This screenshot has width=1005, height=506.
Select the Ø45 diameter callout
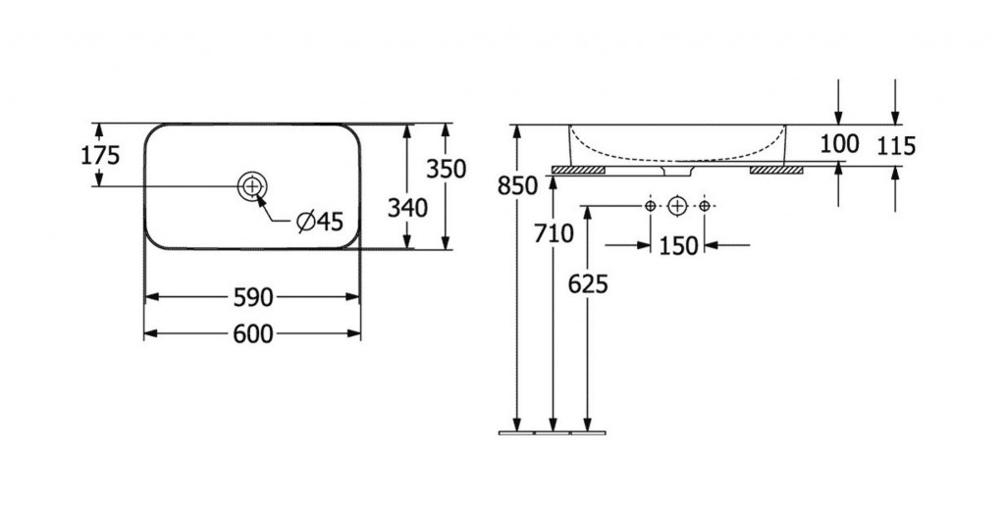point(320,222)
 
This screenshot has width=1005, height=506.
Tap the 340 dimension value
point(407,207)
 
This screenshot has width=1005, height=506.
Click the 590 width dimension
point(252,296)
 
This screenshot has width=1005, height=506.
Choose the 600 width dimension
point(252,334)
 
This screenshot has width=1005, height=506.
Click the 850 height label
point(518,184)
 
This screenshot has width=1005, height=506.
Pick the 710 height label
point(554,233)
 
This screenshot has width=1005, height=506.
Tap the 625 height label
point(588,283)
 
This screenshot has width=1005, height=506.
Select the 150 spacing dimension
point(678,245)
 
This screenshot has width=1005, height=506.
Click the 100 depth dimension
point(839,144)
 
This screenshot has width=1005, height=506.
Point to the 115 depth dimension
point(896,146)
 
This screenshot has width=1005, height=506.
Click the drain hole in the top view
point(252,184)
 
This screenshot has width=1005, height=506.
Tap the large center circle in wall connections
point(677,207)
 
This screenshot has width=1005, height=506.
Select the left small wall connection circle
point(650,207)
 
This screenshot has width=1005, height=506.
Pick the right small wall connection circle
point(704,207)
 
